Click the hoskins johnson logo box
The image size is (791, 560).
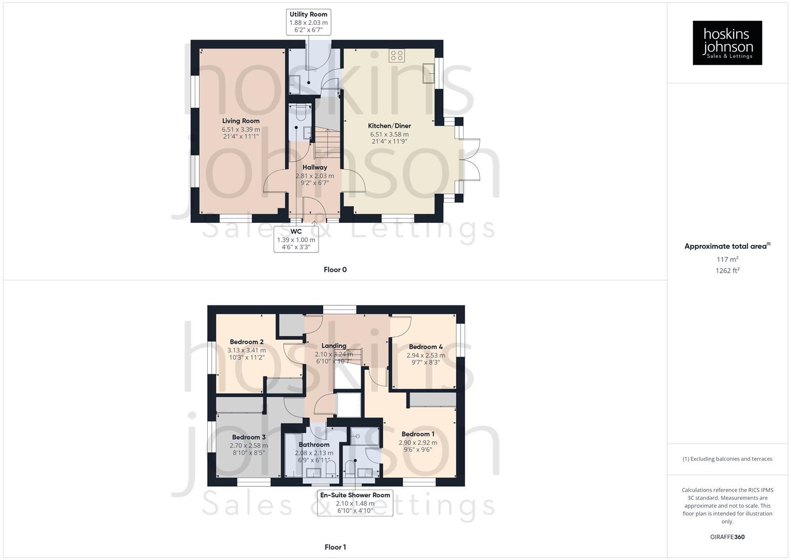pos(727,43)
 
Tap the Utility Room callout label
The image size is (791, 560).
pos(308,22)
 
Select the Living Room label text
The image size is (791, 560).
pos(241,121)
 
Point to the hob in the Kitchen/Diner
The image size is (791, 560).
pos(397,55)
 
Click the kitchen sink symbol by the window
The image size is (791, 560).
pos(429,73)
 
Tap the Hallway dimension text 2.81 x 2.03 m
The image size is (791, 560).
pos(314,176)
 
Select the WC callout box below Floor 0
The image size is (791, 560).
pos(296,239)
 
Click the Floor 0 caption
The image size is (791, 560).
pos(335,270)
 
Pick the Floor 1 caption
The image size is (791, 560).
pos(335,547)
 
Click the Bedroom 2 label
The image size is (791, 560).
pos(247,342)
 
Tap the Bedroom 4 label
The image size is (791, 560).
pos(425,347)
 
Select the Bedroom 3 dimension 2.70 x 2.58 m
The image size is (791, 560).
pos(249,445)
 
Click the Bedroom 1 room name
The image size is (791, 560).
pos(418,434)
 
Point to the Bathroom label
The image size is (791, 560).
pos(314,444)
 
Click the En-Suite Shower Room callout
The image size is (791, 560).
pos(355,502)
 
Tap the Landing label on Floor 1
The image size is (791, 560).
pos(334,345)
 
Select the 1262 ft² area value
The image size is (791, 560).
pos(727,270)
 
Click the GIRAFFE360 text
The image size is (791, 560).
pos(727,537)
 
